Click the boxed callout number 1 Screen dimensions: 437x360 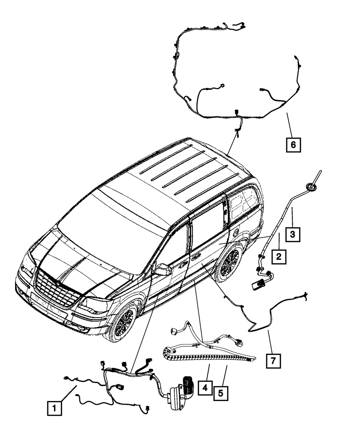pyautogui.click(x=54, y=408)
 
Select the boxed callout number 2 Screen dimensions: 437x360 pyautogui.click(x=279, y=257)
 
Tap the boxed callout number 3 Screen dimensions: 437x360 pyautogui.click(x=293, y=234)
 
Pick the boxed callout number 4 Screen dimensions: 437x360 pyautogui.click(x=205, y=388)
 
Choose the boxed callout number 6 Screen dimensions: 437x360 pyautogui.click(x=293, y=145)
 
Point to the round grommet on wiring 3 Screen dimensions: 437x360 pyautogui.click(x=310, y=186)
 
